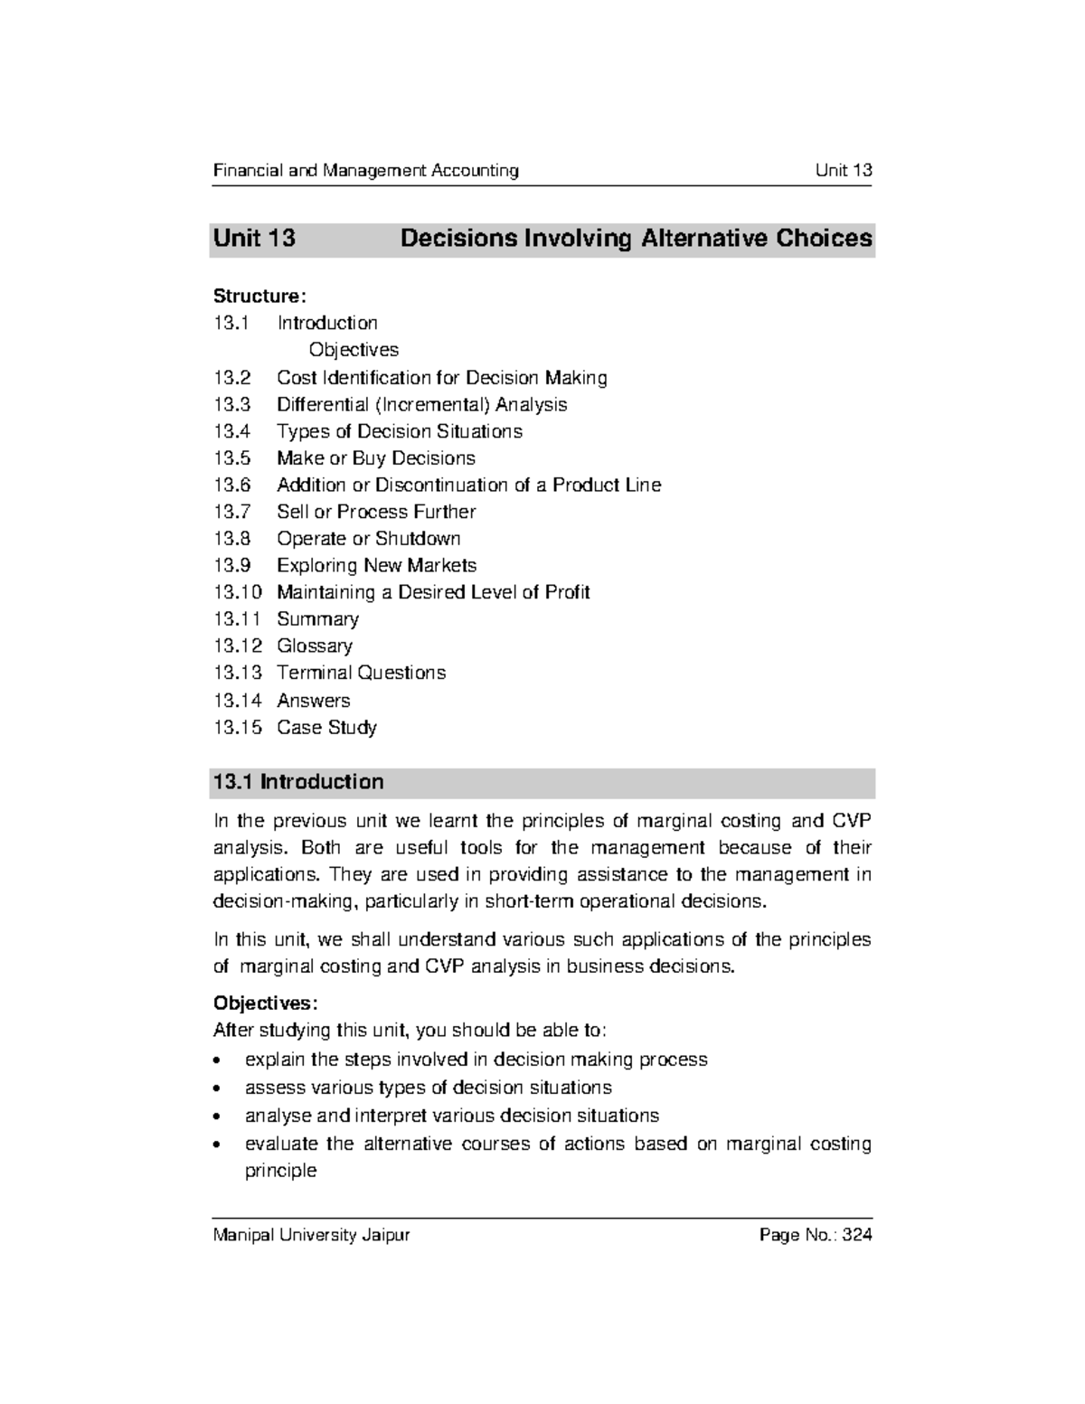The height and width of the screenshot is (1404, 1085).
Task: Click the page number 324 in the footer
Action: click(x=856, y=1235)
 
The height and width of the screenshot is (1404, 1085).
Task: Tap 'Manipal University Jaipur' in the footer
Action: click(x=311, y=1235)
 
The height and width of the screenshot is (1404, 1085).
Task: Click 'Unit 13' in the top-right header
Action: click(x=843, y=170)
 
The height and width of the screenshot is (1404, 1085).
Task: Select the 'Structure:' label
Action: click(x=259, y=296)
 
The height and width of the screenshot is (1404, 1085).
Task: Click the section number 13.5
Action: click(x=232, y=457)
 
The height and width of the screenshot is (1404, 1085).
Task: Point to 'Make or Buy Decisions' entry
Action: click(x=375, y=457)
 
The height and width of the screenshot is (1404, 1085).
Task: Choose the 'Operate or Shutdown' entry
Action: click(x=368, y=538)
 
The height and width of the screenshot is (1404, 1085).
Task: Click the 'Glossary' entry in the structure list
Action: click(x=315, y=645)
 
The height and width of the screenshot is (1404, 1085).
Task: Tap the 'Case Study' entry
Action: click(x=326, y=727)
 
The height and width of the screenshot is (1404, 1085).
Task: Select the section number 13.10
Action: click(x=237, y=592)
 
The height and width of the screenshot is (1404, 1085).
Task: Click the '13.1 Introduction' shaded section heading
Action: click(x=297, y=782)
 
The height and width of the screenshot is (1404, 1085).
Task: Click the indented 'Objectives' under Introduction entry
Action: click(x=353, y=350)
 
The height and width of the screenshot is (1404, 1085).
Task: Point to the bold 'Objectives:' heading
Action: click(x=265, y=1003)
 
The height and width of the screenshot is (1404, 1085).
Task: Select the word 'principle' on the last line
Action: click(x=280, y=1171)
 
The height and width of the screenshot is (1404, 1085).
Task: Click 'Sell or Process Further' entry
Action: click(x=375, y=512)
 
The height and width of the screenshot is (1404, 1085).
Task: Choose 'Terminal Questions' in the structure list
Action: click(x=361, y=673)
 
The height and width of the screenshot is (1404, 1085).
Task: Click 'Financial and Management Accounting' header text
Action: click(x=365, y=170)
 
